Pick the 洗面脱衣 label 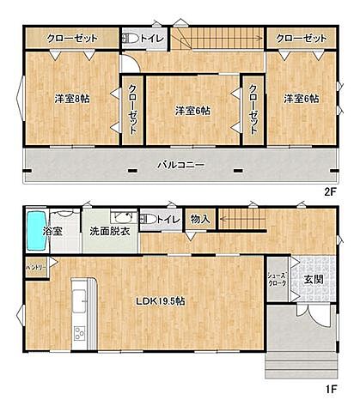pos(109,231)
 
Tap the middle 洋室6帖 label pos(192,110)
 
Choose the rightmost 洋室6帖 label pos(301,99)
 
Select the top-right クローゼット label pos(302,39)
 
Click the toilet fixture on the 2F pos(130,39)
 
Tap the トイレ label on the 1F pos(168,220)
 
